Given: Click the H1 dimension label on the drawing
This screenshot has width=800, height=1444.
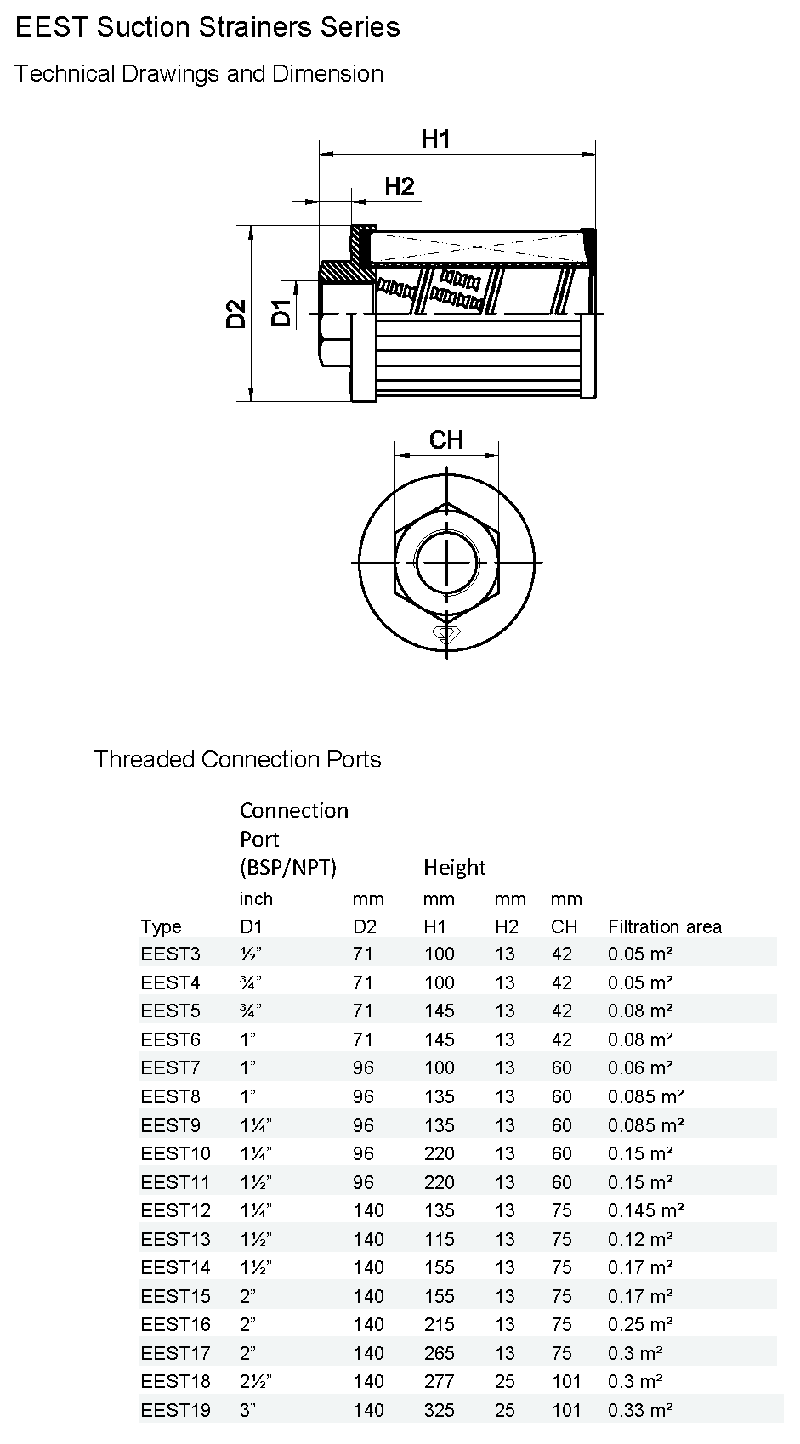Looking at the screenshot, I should (x=435, y=139).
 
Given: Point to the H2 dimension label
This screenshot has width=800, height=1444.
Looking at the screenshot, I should (x=399, y=186).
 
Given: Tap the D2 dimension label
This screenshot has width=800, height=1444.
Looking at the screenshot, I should (x=236, y=314).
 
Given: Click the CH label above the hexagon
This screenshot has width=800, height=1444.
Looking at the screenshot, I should (x=445, y=439).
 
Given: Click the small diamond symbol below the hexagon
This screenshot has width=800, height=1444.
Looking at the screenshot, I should (x=445, y=633).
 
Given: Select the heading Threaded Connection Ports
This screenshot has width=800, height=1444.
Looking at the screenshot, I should (x=237, y=759).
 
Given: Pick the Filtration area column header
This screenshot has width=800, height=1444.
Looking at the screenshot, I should (x=664, y=926).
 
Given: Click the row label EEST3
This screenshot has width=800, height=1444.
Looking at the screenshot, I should (x=170, y=954).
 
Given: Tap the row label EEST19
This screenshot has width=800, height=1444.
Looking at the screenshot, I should (x=175, y=1410).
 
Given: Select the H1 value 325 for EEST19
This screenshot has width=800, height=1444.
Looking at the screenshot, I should (x=440, y=1410).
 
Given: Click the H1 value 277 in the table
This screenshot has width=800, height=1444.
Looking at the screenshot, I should (x=440, y=1381).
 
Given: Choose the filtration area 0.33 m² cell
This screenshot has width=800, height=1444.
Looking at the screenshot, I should (x=640, y=1410).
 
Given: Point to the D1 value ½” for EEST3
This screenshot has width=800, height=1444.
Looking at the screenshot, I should (x=251, y=954).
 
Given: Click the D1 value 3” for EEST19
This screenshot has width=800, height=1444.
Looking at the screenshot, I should (x=247, y=1410).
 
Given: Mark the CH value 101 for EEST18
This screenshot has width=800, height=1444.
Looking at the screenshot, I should (x=565, y=1381).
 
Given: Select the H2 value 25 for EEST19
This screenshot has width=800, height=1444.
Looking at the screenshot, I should (x=505, y=1410).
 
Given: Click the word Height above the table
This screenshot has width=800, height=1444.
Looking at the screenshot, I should (x=454, y=867).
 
